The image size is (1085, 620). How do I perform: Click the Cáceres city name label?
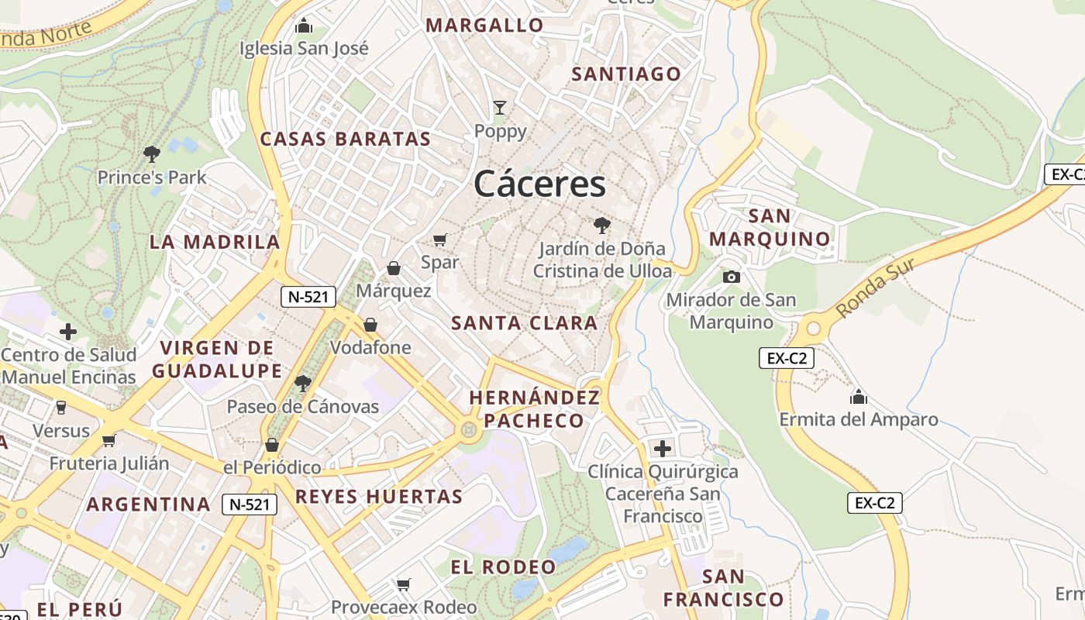539,184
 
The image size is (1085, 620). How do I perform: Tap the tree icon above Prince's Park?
152,153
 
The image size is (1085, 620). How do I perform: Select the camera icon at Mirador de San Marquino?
731,277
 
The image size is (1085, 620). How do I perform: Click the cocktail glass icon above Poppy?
500,107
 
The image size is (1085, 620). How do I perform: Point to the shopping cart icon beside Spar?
440,239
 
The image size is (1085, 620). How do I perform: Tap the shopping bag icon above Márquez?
394,268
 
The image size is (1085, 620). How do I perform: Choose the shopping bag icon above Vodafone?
370,324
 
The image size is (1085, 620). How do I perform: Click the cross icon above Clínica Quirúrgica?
663,448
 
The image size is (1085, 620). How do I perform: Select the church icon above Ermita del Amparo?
858,397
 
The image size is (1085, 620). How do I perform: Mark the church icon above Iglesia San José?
304,26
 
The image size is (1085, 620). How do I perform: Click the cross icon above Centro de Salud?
68,332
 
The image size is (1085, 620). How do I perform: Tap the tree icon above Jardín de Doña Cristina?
601,226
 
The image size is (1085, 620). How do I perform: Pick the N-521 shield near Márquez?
308,296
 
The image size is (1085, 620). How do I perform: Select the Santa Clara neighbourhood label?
524,323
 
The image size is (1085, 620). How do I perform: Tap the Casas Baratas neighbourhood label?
345,139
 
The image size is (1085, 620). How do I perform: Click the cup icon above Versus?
61,407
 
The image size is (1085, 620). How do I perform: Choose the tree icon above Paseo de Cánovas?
302,383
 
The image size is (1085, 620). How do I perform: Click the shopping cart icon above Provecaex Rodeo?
403,584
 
